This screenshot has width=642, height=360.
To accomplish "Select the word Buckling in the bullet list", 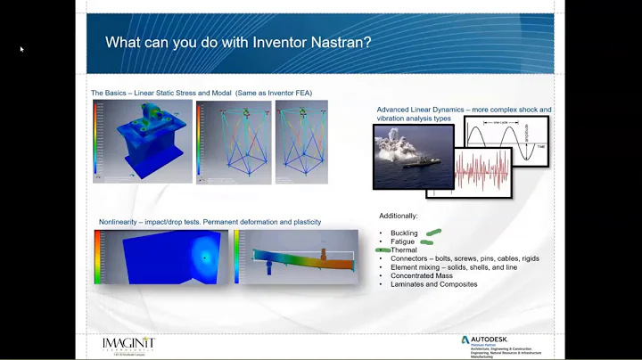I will coord(404,233).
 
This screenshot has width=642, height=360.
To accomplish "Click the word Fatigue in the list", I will coord(403,241).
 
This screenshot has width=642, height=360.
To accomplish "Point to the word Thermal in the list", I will coord(404,250).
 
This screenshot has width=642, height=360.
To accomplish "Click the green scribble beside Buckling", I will coord(433,233).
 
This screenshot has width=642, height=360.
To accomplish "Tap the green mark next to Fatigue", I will coord(427,241).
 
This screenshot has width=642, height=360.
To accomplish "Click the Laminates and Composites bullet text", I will coord(433,284).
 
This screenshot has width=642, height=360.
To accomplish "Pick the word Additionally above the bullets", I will coord(398,216).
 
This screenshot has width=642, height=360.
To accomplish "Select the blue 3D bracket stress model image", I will coord(143,142).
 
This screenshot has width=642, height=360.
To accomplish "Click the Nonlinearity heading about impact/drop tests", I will coord(210,221).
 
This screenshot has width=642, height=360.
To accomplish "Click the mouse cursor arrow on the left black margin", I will coord(21,49).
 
